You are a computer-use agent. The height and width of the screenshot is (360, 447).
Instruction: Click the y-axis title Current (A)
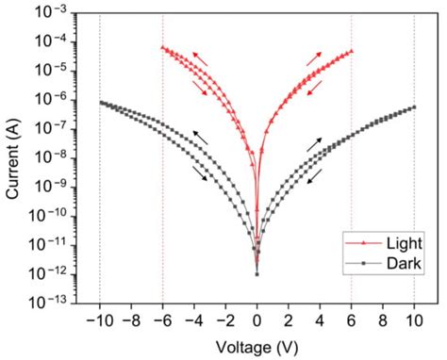point(13,156)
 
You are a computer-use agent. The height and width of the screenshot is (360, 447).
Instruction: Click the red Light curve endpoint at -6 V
point(162,47)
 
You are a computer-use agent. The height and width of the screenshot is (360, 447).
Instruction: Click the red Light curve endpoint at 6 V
point(352,51)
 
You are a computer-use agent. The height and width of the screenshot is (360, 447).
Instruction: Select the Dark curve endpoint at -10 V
point(100,102)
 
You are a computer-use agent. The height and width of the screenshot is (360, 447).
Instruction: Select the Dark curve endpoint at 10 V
point(414,106)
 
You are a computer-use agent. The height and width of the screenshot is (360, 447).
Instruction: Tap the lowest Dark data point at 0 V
point(257,274)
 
